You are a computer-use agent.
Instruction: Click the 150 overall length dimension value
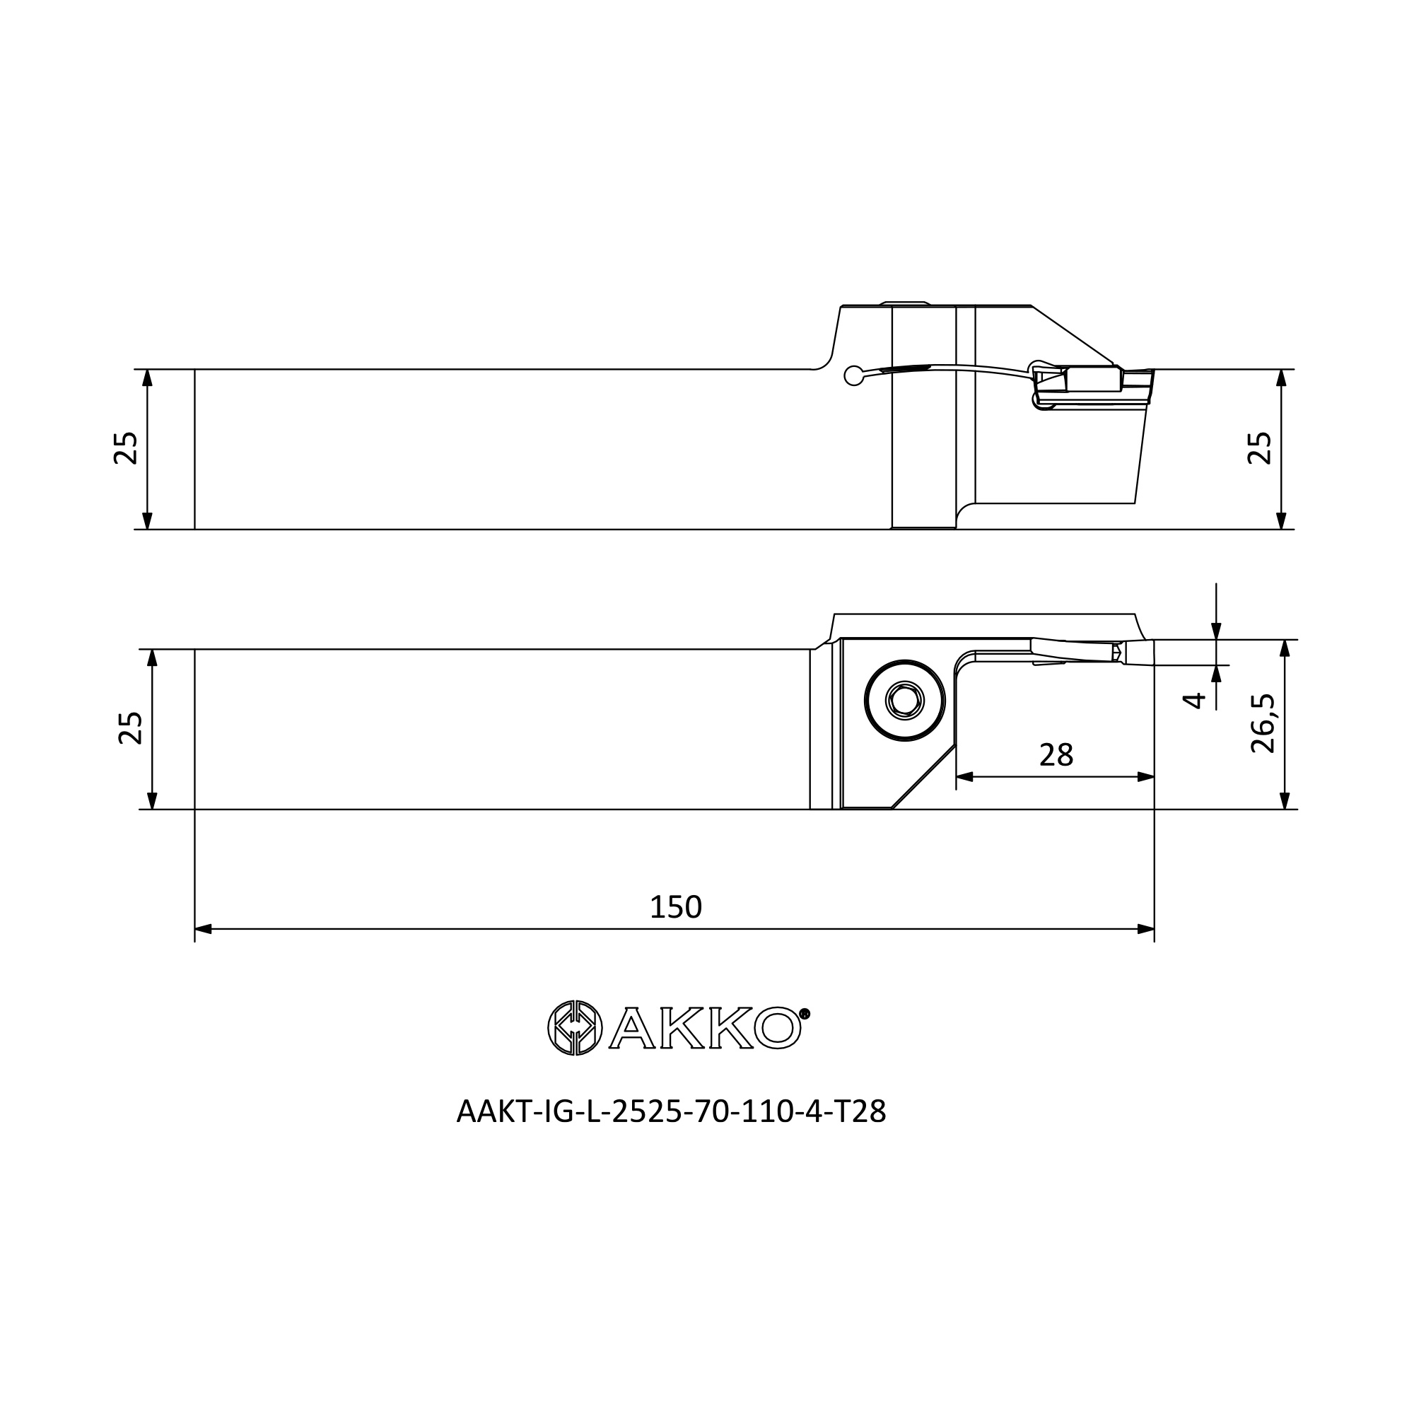click(x=675, y=908)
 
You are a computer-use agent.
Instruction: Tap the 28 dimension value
click(x=1056, y=754)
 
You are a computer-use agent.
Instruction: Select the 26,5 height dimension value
click(x=1263, y=723)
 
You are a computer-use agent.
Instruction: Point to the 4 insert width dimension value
click(x=1193, y=701)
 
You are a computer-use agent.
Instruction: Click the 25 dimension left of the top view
click(x=126, y=448)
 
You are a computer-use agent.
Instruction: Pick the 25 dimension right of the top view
click(x=1260, y=448)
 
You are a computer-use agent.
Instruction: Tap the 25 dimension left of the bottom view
click(x=130, y=728)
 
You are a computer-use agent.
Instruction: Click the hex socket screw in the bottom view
click(x=905, y=701)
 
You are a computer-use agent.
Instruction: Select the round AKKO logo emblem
click(x=575, y=1028)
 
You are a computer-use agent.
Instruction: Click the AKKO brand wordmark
click(x=706, y=1028)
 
